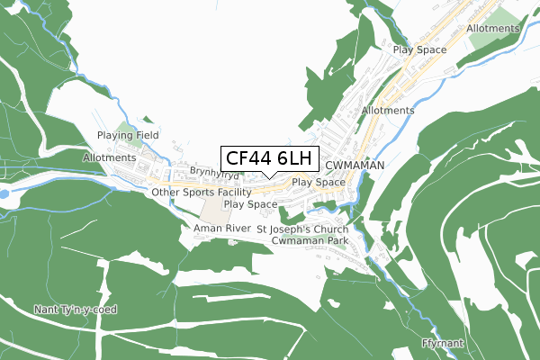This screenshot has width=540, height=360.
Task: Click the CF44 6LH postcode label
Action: [268, 158]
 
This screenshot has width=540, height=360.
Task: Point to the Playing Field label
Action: [129, 135]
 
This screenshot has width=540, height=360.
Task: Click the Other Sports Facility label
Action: [202, 193]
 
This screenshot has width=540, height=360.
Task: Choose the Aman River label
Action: [220, 229]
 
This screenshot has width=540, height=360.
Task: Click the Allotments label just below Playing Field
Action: [108, 157]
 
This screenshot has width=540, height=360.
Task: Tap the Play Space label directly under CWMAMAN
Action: [319, 182]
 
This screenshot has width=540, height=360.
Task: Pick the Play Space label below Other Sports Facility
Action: [250, 204]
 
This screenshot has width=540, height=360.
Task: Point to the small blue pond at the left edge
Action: [4, 193]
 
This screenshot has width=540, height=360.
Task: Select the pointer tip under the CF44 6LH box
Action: [268, 177]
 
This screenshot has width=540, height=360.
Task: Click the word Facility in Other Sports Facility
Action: [230, 193]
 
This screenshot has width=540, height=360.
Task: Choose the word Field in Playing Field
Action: [146, 135]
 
